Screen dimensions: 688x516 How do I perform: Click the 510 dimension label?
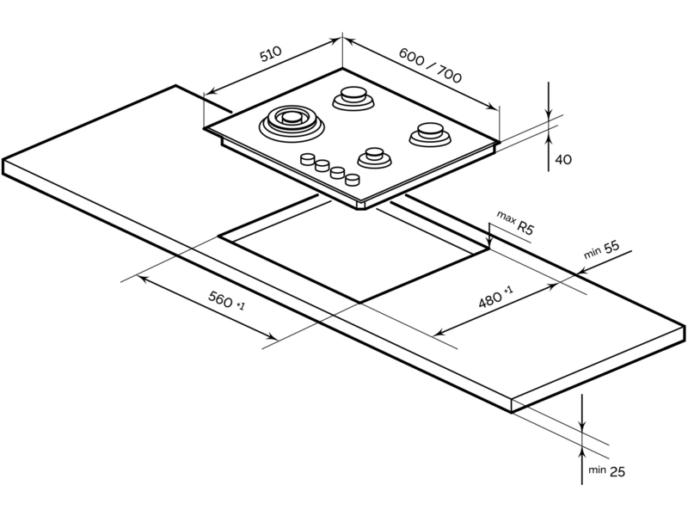pos(270,54)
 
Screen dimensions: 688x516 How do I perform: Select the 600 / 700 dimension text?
pos(430,65)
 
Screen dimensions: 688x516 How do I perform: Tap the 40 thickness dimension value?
pos(563,159)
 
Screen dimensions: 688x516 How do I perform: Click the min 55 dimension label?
pos(601,249)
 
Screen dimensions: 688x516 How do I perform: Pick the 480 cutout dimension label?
pos(495,298)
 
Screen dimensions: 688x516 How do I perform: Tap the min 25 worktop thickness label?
pos(606,470)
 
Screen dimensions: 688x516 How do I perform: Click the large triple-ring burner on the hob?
pos(292,121)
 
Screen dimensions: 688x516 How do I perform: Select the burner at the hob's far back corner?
pos(353,98)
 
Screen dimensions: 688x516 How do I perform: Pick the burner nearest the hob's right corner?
pos(430,134)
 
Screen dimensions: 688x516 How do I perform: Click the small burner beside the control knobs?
pos(374,158)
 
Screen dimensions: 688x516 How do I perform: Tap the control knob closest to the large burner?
pos(308,158)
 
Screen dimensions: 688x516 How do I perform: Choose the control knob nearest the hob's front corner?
pos(353,179)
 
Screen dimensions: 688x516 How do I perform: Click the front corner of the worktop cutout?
pos(359,303)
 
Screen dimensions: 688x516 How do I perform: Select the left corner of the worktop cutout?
pos(219,236)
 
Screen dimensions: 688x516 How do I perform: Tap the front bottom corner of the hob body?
pos(363,209)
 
